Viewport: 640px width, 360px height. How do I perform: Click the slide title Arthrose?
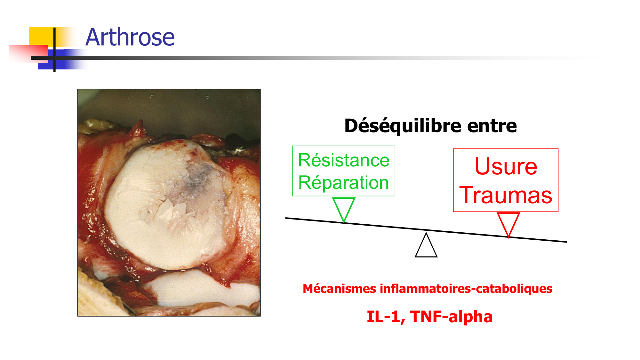point(130,37)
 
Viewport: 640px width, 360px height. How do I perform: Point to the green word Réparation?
point(343,182)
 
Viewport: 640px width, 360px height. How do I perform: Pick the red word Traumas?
point(506,195)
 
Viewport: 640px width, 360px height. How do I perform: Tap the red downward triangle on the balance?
point(508,223)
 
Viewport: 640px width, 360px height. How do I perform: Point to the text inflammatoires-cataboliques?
point(466,289)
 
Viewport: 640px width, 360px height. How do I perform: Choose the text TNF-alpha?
point(451,316)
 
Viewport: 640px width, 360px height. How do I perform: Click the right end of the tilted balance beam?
point(565,242)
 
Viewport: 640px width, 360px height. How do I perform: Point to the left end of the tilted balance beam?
point(287,218)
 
